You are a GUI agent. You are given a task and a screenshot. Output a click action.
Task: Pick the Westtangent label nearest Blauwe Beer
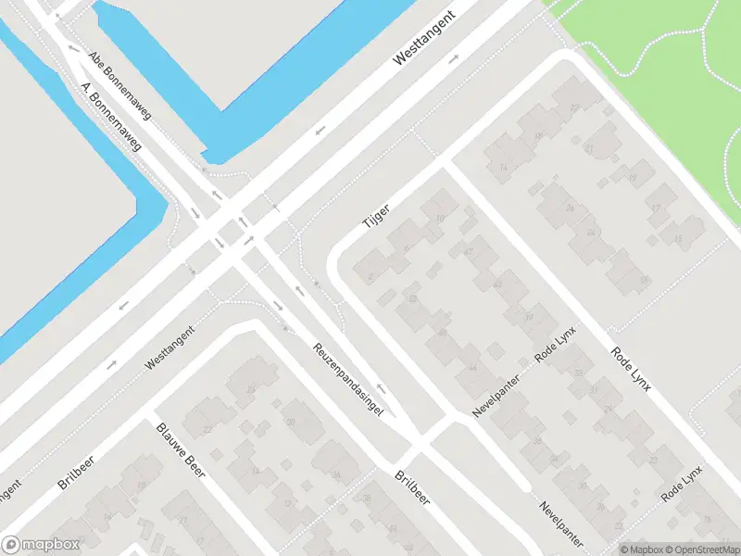pyautogui.click(x=170, y=348)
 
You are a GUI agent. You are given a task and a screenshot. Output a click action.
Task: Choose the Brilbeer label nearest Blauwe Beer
pyautogui.click(x=76, y=471)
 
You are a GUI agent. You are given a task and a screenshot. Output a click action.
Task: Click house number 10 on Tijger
pyautogui.click(x=439, y=219)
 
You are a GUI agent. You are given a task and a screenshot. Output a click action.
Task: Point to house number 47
pyautogui.click(x=469, y=251)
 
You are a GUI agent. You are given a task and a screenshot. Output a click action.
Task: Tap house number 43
pyautogui.click(x=498, y=284)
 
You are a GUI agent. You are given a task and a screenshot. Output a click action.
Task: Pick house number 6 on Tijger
pyautogui.click(x=406, y=248)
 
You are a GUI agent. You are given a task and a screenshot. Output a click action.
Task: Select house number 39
pyautogui.click(x=528, y=317)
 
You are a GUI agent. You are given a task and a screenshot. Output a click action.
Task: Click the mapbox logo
pyautogui.click(x=41, y=545)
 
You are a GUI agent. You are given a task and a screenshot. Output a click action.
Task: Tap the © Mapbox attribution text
pyautogui.click(x=641, y=550)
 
